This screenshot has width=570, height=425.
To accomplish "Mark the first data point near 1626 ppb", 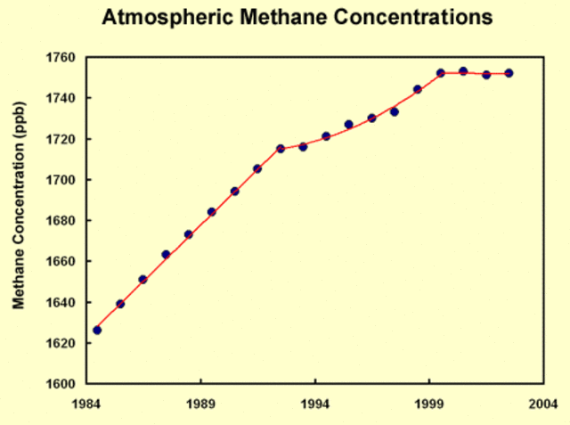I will click(97, 331).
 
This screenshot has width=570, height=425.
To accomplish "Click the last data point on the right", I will click(509, 73).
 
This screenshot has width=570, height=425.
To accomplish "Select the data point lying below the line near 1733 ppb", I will click(395, 112).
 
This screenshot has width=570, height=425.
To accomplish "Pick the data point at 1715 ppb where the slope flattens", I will click(281, 149).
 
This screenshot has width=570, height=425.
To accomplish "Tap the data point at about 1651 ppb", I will click(142, 280).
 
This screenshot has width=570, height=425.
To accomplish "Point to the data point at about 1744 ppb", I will click(418, 89).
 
